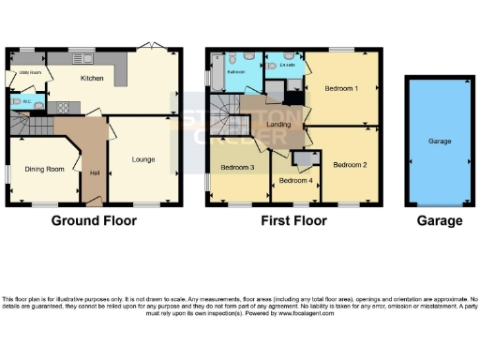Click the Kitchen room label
91,79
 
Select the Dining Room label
43,169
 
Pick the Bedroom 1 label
340,88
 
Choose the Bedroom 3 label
237,168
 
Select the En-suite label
288,66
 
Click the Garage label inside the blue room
441,142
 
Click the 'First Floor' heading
294,221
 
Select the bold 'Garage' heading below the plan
440,221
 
